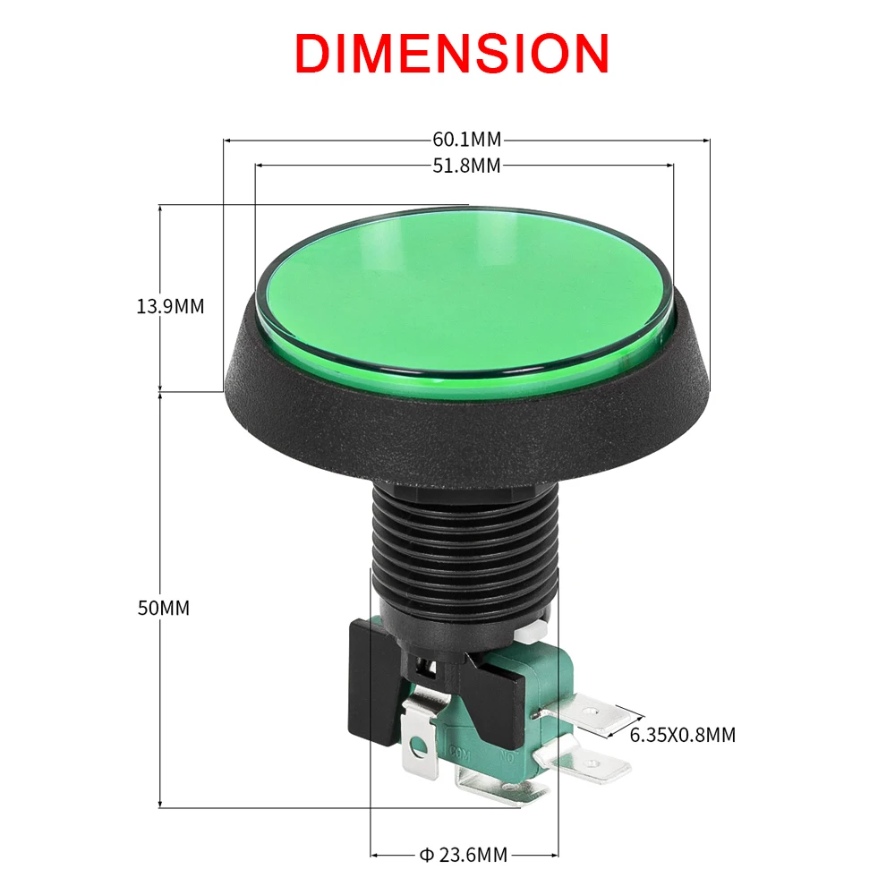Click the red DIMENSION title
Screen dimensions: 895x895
tap(452, 53)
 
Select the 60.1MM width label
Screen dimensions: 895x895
tap(466, 140)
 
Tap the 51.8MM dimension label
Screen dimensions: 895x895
tap(466, 165)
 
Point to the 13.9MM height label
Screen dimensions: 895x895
tap(170, 306)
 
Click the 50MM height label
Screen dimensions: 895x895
tap(163, 608)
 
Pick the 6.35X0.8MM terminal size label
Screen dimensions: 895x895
tap(683, 735)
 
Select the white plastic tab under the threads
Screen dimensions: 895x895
tap(530, 632)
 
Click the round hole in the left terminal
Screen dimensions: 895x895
tap(418, 741)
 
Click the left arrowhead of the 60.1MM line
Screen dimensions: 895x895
tap(227, 141)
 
